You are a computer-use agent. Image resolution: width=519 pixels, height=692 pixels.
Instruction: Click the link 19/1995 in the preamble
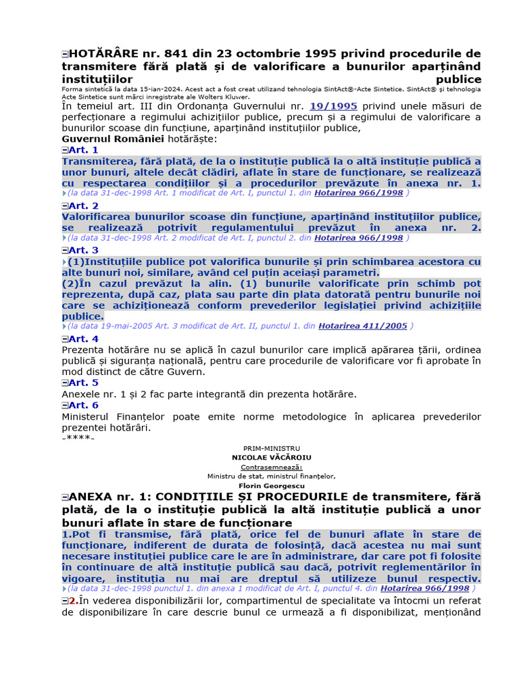(333, 106)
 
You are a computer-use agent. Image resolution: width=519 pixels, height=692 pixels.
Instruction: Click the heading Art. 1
(83, 150)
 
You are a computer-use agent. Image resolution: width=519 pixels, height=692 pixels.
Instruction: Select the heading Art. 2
(83, 205)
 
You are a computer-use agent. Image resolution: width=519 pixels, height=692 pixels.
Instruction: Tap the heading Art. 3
(83, 250)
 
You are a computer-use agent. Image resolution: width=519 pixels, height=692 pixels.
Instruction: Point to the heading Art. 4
(83, 339)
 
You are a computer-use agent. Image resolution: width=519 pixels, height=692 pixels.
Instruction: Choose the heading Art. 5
(83, 383)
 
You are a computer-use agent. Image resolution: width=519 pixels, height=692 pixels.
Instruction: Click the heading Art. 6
(83, 405)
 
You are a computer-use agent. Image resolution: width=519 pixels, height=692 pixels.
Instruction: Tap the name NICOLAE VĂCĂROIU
(272, 458)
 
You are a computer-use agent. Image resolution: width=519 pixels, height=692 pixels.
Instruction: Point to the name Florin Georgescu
(272, 486)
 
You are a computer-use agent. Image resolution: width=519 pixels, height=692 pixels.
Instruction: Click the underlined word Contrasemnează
(272, 467)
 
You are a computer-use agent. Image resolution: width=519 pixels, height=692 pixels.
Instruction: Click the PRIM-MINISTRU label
(272, 449)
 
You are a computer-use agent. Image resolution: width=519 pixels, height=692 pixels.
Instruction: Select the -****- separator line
(78, 439)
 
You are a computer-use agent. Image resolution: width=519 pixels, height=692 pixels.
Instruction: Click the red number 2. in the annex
(74, 601)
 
